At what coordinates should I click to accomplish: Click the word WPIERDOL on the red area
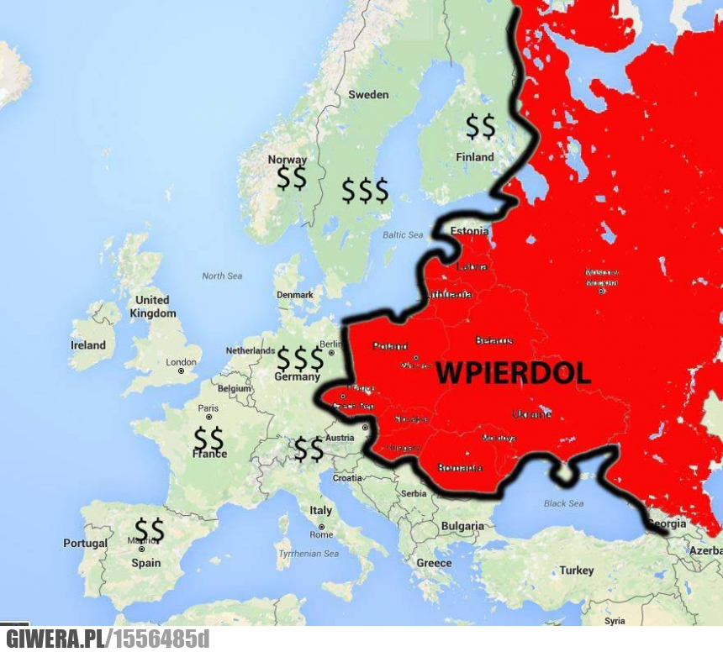(514, 373)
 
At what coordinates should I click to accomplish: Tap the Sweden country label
(368, 95)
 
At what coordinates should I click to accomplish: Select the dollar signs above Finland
(481, 127)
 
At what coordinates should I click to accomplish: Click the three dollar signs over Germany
(300, 359)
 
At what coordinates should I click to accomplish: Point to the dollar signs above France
(208, 438)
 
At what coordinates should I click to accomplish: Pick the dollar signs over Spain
(150, 529)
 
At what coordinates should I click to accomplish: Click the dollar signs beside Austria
(309, 450)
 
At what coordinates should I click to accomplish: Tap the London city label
(182, 363)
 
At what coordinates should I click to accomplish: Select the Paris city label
(208, 408)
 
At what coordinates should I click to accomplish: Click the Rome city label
(321, 534)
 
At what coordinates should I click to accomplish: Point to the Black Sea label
(563, 503)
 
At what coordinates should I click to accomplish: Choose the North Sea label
(222, 276)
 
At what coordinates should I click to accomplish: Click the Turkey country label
(577, 570)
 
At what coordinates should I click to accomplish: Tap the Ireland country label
(88, 345)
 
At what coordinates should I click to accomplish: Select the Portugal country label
(86, 544)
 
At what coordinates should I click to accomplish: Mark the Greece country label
(434, 563)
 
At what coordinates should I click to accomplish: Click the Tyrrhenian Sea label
(309, 554)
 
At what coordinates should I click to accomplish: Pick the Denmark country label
(295, 295)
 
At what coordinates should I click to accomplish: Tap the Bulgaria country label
(462, 527)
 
